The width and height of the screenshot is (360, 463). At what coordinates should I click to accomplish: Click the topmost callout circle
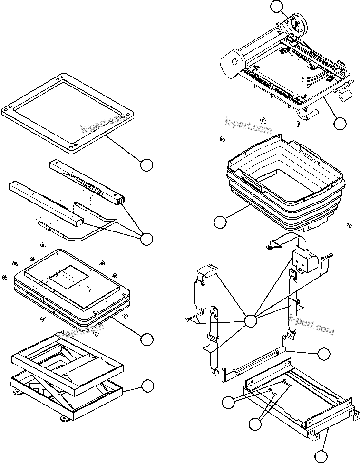tap(276, 7)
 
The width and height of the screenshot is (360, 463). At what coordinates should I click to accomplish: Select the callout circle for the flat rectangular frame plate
tap(147, 165)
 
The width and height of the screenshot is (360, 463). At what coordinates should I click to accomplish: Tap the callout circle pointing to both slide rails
tap(147, 239)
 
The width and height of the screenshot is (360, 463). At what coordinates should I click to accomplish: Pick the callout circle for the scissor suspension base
tap(148, 386)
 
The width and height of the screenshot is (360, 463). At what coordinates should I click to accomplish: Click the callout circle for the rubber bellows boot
tap(220, 222)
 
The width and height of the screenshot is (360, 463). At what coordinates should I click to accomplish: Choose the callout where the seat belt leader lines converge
tap(251, 321)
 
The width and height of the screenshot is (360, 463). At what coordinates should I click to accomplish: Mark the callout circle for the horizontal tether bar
tap(323, 354)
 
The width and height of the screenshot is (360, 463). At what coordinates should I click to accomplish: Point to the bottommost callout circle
tap(321, 456)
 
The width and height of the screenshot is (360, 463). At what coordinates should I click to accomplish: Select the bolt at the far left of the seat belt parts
tap(186, 320)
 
